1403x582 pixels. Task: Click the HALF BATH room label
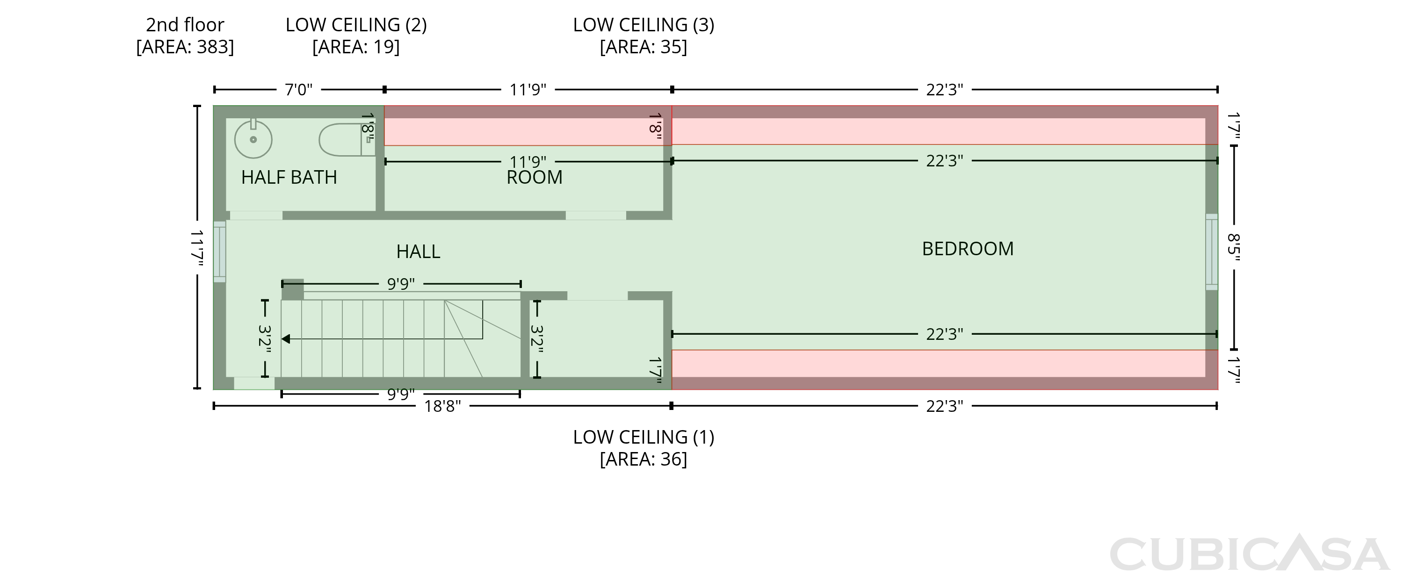289,178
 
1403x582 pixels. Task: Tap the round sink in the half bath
253,139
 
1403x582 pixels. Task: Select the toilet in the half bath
347,140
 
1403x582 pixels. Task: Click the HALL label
418,251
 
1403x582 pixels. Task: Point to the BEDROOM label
967,249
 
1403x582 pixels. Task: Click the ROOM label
534,178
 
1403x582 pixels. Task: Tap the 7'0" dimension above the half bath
298,89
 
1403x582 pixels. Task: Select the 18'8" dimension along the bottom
442,406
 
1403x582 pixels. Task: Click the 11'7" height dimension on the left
197,248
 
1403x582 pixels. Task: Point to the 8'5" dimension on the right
1234,247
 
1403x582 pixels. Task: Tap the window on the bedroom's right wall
1211,251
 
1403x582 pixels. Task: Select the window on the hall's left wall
219,251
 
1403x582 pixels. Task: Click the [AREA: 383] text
185,47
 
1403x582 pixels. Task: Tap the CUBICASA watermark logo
1250,553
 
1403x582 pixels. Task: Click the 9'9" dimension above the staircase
401,284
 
